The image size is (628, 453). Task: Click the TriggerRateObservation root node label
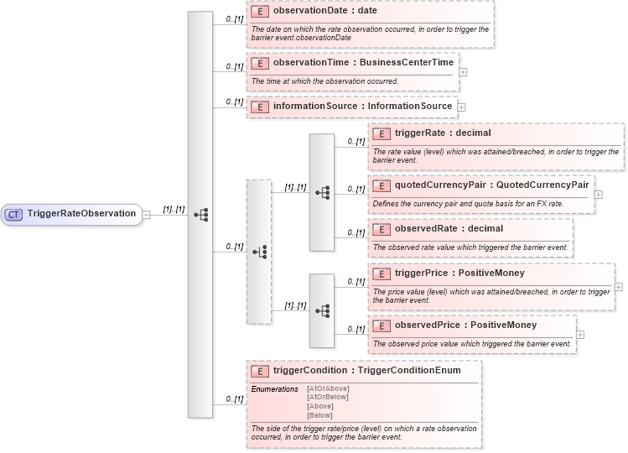click(x=81, y=214)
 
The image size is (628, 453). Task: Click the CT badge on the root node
click(x=14, y=214)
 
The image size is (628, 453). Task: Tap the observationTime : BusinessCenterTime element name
click(x=363, y=63)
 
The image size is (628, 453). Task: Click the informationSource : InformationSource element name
click(x=362, y=107)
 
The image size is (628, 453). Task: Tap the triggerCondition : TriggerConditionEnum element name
click(x=366, y=370)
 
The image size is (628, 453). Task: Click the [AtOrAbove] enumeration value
click(x=328, y=388)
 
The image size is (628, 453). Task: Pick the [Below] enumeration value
click(x=319, y=415)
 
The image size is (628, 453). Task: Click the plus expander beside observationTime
click(x=464, y=72)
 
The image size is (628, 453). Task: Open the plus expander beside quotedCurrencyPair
click(x=598, y=195)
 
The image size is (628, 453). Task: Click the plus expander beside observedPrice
click(x=580, y=335)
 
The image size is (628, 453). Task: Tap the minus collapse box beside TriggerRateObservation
click(x=146, y=214)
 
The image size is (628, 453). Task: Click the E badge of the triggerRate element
click(x=381, y=133)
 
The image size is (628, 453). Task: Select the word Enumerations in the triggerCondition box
click(x=275, y=389)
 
